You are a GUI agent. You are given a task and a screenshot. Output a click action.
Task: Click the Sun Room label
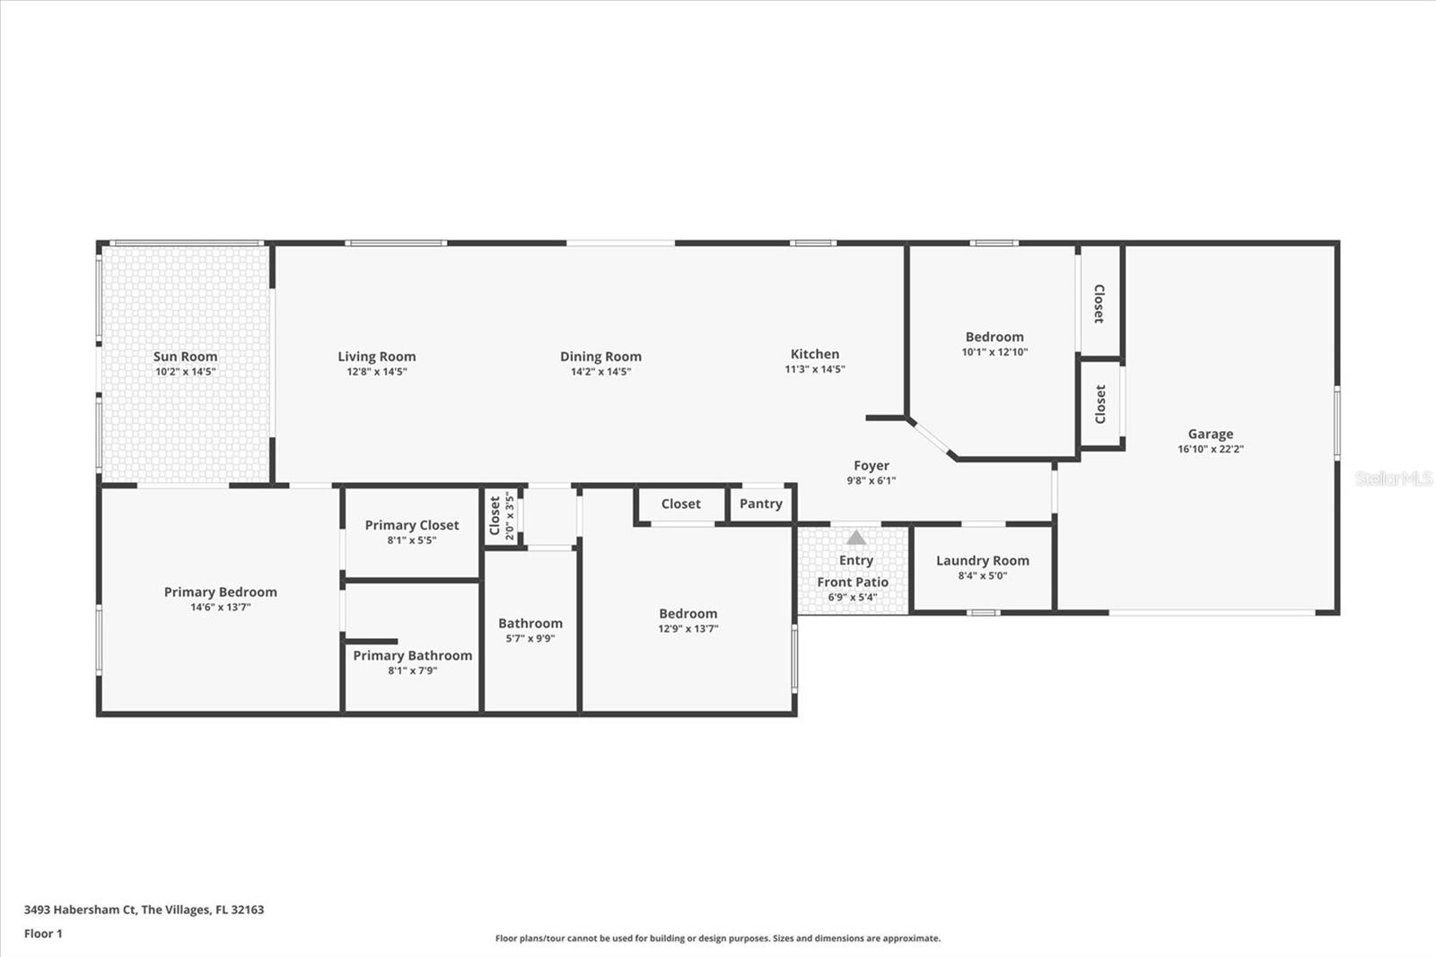(x=185, y=356)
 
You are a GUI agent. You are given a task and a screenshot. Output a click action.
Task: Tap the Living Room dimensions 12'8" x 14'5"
(x=377, y=372)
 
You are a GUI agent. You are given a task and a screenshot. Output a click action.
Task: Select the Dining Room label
(x=600, y=356)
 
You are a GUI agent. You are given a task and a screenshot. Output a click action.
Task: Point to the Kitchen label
(x=815, y=354)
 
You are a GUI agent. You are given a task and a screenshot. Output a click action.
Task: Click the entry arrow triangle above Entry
(x=856, y=538)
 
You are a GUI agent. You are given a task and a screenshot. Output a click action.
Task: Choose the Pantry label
(x=761, y=504)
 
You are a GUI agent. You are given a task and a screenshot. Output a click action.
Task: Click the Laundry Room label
(x=983, y=560)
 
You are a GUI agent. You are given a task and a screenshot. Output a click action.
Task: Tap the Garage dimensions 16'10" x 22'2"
(x=1211, y=449)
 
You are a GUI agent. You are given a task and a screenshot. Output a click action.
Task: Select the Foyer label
(x=871, y=465)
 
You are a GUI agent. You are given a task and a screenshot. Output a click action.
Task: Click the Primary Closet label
(x=412, y=525)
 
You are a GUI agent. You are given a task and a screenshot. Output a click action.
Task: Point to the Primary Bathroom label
(x=412, y=655)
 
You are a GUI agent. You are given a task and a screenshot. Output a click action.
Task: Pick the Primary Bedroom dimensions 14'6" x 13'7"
(x=220, y=607)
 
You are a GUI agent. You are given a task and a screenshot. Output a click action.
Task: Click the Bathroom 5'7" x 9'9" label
(x=530, y=623)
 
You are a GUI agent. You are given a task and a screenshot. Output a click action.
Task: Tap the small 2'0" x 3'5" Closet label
(x=495, y=515)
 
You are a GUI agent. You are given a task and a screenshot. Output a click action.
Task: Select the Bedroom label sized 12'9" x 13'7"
(x=688, y=613)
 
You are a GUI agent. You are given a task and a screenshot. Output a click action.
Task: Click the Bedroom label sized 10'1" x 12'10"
(x=994, y=337)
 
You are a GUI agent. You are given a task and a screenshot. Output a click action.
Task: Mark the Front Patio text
(x=853, y=582)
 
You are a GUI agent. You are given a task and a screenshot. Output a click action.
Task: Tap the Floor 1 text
(x=43, y=934)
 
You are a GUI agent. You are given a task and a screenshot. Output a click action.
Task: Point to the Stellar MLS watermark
(x=1393, y=478)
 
